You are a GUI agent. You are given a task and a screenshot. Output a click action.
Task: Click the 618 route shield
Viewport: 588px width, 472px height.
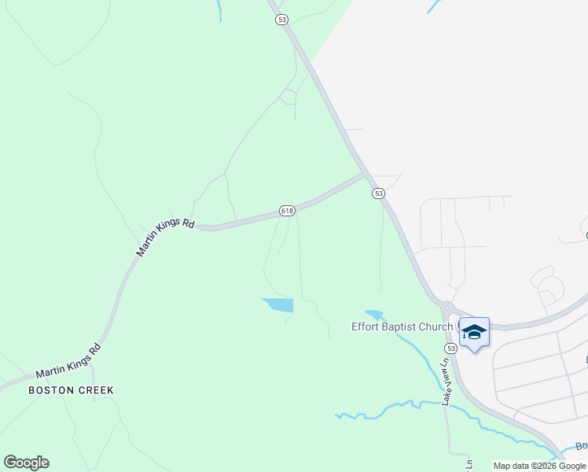click(287, 211)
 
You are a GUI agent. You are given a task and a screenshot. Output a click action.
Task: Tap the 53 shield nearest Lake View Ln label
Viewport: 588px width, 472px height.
click(450, 348)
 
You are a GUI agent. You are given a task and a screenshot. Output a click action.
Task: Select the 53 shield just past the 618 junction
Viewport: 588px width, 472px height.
click(379, 194)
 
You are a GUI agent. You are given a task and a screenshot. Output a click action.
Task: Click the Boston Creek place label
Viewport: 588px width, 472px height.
click(71, 390)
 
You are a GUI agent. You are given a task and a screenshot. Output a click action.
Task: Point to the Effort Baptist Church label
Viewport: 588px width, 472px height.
click(402, 327)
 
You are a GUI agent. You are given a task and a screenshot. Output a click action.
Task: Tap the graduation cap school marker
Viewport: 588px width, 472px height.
click(474, 331)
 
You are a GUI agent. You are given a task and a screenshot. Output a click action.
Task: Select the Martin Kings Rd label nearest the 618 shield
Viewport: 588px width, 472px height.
click(165, 238)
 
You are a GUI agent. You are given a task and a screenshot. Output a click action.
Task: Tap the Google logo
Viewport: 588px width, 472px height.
click(26, 463)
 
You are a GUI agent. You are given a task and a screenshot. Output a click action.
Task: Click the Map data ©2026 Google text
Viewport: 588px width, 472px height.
click(540, 466)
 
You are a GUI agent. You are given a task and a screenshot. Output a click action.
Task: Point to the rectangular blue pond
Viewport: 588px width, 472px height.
click(277, 304)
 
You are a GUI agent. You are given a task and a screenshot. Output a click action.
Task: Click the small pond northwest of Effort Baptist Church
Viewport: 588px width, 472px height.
click(373, 315)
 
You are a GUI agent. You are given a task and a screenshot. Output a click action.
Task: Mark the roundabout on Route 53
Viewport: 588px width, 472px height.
click(446, 307)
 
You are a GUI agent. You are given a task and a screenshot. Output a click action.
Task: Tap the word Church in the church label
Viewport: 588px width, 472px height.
click(435, 327)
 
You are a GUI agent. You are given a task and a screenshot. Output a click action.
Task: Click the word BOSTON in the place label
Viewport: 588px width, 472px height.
click(51, 390)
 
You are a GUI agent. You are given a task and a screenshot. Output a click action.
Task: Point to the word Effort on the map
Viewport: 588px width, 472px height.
click(366, 327)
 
